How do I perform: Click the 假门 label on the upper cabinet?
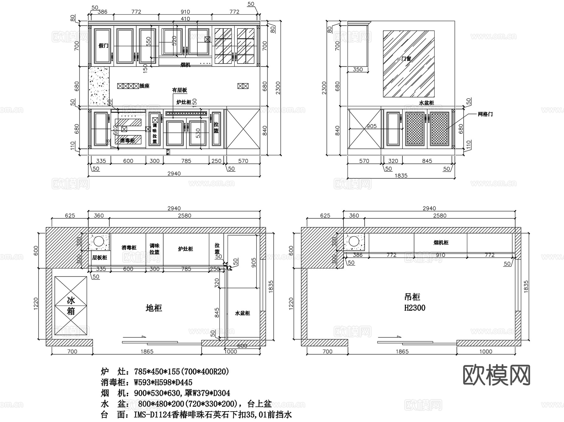pos(103,46)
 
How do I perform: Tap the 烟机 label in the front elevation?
pos(185,65)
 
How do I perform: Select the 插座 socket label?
pos(144,86)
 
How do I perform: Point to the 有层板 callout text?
pos(180,90)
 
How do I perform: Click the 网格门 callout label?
pos(485,114)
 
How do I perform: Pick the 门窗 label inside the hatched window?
pos(406,59)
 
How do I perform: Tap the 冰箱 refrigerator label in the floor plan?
pos(71,306)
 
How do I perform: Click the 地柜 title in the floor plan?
pos(154,308)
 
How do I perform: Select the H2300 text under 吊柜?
pos(415,308)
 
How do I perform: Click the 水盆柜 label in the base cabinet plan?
pos(243,313)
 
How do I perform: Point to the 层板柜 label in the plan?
pos(99,258)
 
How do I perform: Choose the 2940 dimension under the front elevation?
pos(174,174)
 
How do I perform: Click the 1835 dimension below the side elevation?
pos(401,175)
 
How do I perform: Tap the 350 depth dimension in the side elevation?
pos(358,70)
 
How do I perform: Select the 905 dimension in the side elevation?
pos(371,126)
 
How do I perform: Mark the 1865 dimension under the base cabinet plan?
pos(147,352)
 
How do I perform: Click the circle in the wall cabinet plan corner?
pos(354,242)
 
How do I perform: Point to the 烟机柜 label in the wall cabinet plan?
pos(441,242)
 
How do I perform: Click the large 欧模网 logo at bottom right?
pos(496,375)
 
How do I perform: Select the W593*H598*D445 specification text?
pos(163,383)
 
